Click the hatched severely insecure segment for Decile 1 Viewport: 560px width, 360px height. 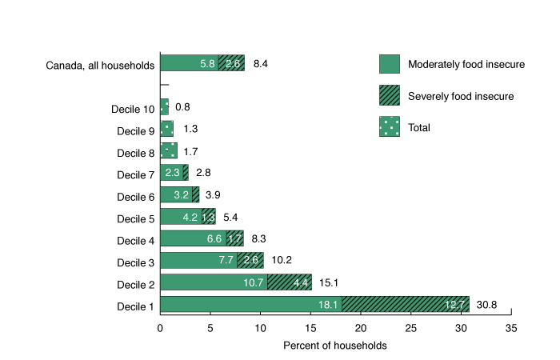(406, 304)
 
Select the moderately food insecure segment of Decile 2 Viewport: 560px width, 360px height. (214, 282)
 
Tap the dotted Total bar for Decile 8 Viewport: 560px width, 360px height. (169, 150)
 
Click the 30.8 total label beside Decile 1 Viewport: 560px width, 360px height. (489, 304)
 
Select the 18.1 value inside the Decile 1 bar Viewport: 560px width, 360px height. (330, 304)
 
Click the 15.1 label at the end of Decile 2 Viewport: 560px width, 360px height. (330, 282)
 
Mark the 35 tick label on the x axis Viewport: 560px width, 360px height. (511, 328)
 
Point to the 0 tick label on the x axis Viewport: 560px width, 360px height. (160, 328)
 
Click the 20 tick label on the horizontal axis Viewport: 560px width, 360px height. (361, 328)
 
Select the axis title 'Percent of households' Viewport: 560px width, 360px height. (335, 346)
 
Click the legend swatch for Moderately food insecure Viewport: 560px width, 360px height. (389, 64)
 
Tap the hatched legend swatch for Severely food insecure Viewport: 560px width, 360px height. (389, 95)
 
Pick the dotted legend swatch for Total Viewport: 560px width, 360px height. (389, 126)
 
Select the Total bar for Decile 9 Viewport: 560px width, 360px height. (166, 128)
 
